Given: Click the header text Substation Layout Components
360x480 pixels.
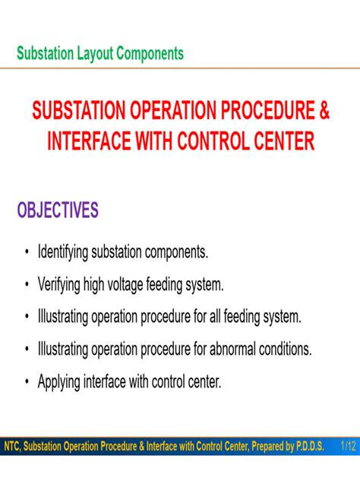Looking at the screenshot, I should tap(99, 54).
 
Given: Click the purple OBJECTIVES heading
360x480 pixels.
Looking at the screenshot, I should tap(58, 210).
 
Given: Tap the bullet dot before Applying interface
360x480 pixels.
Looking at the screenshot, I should tap(27, 382).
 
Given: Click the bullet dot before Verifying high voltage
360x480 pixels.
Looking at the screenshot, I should tap(27, 285).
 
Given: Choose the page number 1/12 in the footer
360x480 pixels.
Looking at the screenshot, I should tap(347, 447).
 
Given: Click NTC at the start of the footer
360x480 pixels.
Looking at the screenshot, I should tap(12, 447).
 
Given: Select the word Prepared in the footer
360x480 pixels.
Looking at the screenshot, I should tap(263, 447).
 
